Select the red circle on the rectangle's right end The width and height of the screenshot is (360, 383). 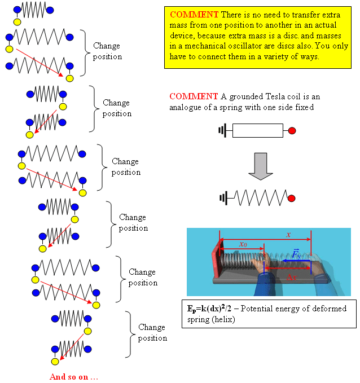tap(292, 131)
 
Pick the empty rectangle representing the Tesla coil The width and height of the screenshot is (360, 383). tap(257, 131)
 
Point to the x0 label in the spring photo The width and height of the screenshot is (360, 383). tap(243, 245)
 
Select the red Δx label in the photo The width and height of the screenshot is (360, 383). tap(291, 277)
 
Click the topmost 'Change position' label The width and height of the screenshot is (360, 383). tap(107, 51)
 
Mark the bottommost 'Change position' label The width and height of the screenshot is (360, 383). tap(152, 332)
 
